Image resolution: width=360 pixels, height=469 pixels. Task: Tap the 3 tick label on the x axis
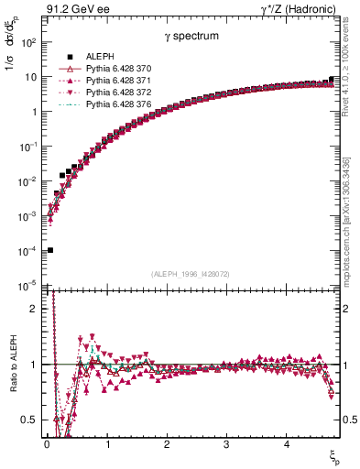click(x=225, y=444)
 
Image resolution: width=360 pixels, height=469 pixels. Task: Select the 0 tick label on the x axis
click(x=47, y=444)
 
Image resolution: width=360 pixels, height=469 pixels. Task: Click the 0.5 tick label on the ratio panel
click(x=30, y=420)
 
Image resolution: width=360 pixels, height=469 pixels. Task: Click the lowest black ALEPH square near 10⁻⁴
click(x=50, y=250)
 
